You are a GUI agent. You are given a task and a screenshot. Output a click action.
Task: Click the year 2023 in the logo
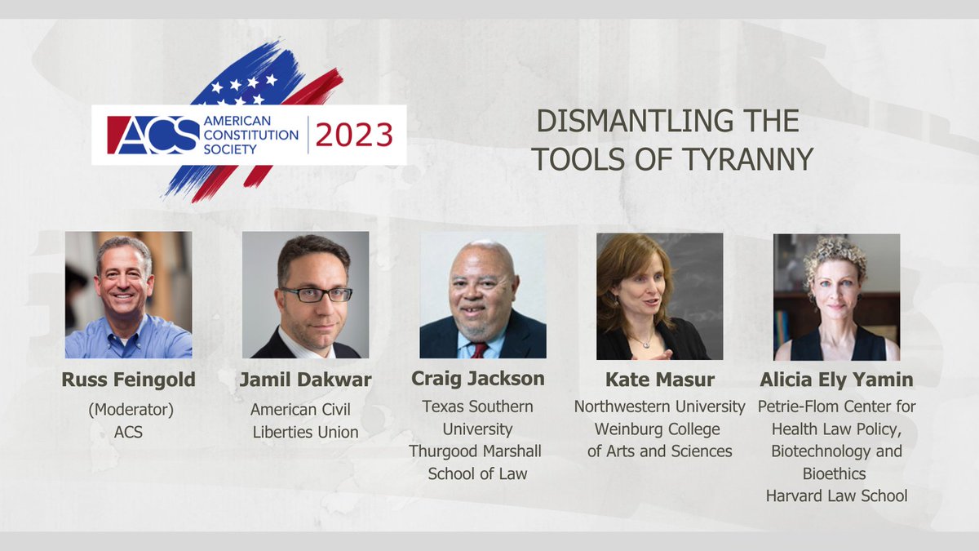(354, 136)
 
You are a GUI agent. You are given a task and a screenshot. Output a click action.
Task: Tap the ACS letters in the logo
(153, 135)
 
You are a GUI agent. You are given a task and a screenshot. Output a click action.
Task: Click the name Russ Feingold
(128, 379)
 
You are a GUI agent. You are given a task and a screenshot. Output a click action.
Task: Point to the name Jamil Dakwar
(306, 379)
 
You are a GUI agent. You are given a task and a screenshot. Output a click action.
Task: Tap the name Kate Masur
(659, 380)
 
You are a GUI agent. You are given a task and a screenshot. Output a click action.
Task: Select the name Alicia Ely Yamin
(836, 379)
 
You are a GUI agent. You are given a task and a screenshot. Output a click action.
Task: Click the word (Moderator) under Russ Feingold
(128, 410)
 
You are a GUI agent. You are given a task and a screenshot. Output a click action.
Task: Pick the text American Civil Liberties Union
(304, 421)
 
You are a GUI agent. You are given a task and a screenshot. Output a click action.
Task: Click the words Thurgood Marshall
(476, 451)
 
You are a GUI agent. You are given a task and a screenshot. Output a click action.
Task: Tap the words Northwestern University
(659, 407)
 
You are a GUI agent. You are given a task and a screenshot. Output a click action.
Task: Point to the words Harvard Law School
(836, 495)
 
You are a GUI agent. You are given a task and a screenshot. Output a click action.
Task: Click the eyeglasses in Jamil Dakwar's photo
(314, 295)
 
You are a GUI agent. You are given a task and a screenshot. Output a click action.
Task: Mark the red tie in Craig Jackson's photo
(479, 349)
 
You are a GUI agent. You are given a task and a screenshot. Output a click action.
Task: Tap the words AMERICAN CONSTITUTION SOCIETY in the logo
(250, 135)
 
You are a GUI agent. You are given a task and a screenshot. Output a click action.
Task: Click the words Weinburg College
(658, 429)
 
